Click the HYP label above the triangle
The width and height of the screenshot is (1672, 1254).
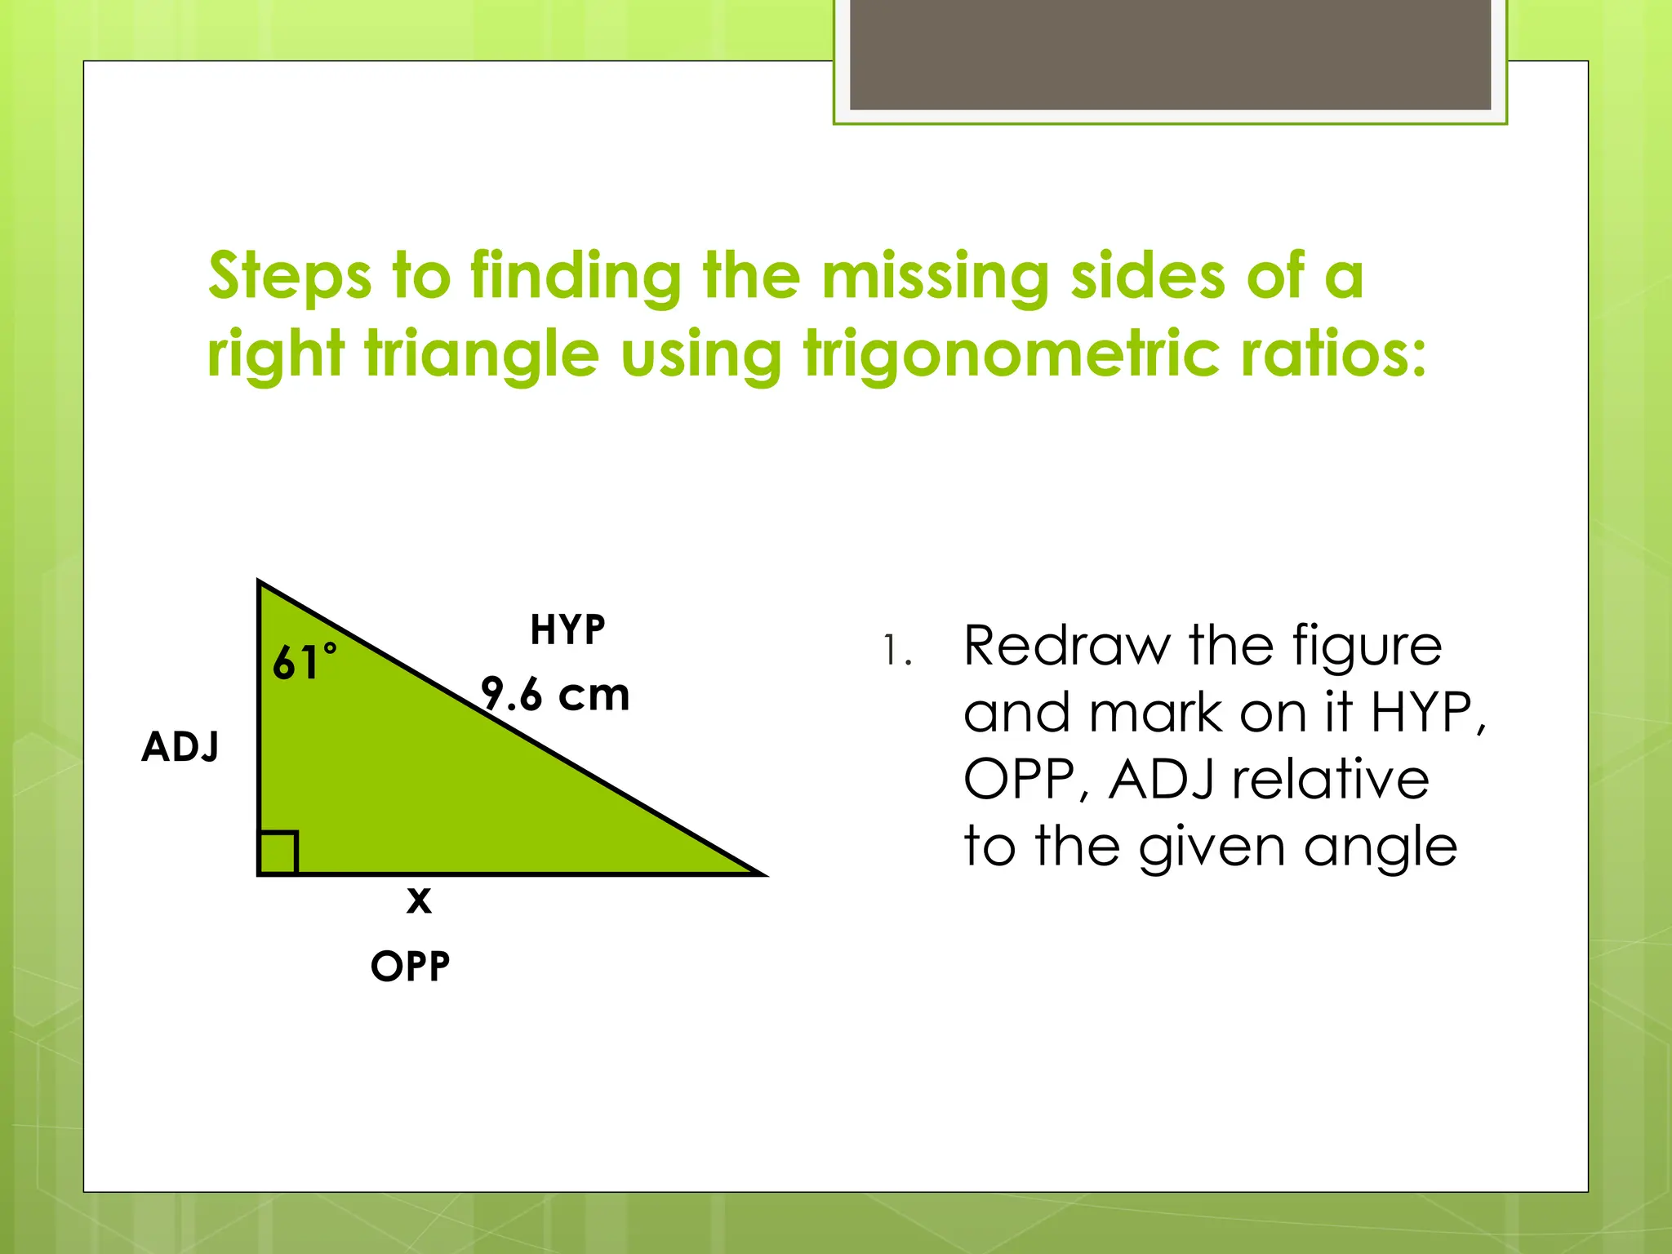pos(567,630)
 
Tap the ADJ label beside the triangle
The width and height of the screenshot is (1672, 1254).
pos(180,746)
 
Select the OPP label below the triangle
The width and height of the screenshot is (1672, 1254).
pos(410,967)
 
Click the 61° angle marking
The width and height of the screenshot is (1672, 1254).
pos(304,662)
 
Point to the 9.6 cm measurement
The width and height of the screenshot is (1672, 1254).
pos(555,695)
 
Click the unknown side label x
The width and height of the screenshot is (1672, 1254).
pos(419,900)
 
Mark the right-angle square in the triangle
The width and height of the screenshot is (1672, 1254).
pos(278,853)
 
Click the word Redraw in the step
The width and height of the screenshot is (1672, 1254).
pos(1066,646)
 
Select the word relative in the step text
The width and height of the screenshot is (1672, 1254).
pos(1331,780)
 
